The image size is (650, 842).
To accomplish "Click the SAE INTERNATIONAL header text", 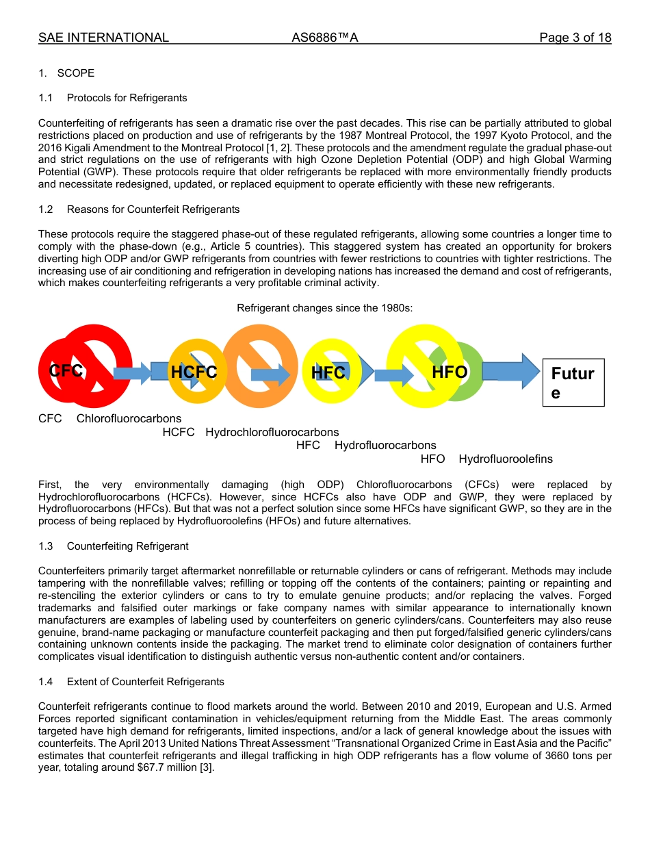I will tap(103, 38).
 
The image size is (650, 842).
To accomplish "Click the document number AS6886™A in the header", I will tap(325, 38).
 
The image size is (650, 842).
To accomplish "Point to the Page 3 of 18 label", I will tap(575, 38).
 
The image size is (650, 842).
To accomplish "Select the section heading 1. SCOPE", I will tap(66, 73).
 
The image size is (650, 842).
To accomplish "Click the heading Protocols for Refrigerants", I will tap(127, 98).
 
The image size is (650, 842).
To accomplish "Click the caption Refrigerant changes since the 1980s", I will tap(324, 308).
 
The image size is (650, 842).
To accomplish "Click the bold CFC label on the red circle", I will tap(66, 371).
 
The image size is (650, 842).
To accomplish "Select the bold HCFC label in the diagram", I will tap(194, 372).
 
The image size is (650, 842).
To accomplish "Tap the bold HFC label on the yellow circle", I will tap(328, 373).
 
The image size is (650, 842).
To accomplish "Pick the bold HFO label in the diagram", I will tap(450, 372).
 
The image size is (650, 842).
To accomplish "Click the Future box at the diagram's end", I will tap(573, 383).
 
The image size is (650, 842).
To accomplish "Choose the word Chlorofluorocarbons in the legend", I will tap(129, 418).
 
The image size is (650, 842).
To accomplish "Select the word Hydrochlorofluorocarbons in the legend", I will tap(272, 432).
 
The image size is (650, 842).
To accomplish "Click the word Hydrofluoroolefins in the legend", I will tap(505, 459).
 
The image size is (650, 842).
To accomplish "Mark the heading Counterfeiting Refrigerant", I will tap(127, 546).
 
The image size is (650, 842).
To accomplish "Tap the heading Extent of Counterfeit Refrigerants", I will tap(145, 682).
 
